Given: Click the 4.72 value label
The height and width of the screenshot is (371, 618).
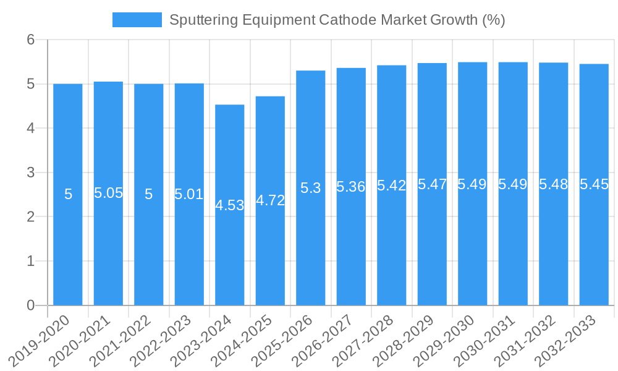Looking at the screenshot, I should point(270,200).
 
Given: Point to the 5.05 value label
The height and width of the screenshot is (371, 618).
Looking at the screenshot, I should point(108,193).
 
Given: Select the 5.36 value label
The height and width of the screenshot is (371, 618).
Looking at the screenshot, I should point(351,187).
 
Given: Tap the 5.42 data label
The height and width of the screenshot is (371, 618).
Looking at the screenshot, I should point(392,185).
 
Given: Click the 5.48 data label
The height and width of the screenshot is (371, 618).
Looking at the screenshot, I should point(554,184).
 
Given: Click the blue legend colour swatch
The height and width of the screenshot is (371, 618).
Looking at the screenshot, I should point(137,20).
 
